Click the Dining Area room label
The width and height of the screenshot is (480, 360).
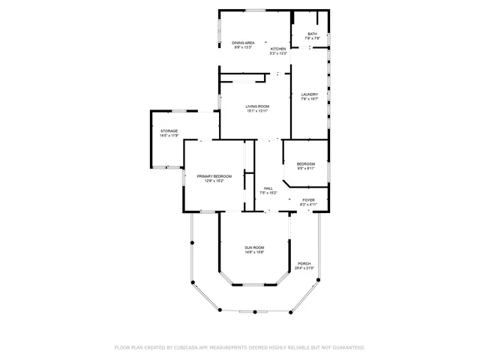tap(243, 43)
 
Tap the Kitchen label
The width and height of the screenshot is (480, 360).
tap(278, 49)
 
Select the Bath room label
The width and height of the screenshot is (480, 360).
tap(311, 34)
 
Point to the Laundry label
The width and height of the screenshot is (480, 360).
tap(310, 94)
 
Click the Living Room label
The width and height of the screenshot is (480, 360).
tap(257, 106)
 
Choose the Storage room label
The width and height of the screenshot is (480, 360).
tap(169, 131)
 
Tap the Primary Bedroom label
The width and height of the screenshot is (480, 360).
tap(214, 176)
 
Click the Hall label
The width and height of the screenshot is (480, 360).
tap(268, 188)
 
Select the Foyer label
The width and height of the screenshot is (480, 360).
tap(308, 200)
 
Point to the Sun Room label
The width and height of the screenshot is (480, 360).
tap(254, 247)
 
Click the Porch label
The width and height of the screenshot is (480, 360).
tap(304, 263)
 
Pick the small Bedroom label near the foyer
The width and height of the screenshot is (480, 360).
tap(306, 163)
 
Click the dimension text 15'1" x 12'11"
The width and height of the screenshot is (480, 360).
tap(257, 111)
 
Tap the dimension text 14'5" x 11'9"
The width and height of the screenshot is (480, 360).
tap(169, 136)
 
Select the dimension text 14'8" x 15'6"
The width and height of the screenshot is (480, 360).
tap(254, 252)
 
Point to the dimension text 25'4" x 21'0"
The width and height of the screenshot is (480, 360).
tap(304, 268)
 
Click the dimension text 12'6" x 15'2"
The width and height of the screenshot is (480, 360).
tap(214, 181)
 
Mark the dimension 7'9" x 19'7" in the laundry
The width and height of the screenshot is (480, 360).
tap(310, 99)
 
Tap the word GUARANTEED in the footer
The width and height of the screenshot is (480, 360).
tap(348, 348)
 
